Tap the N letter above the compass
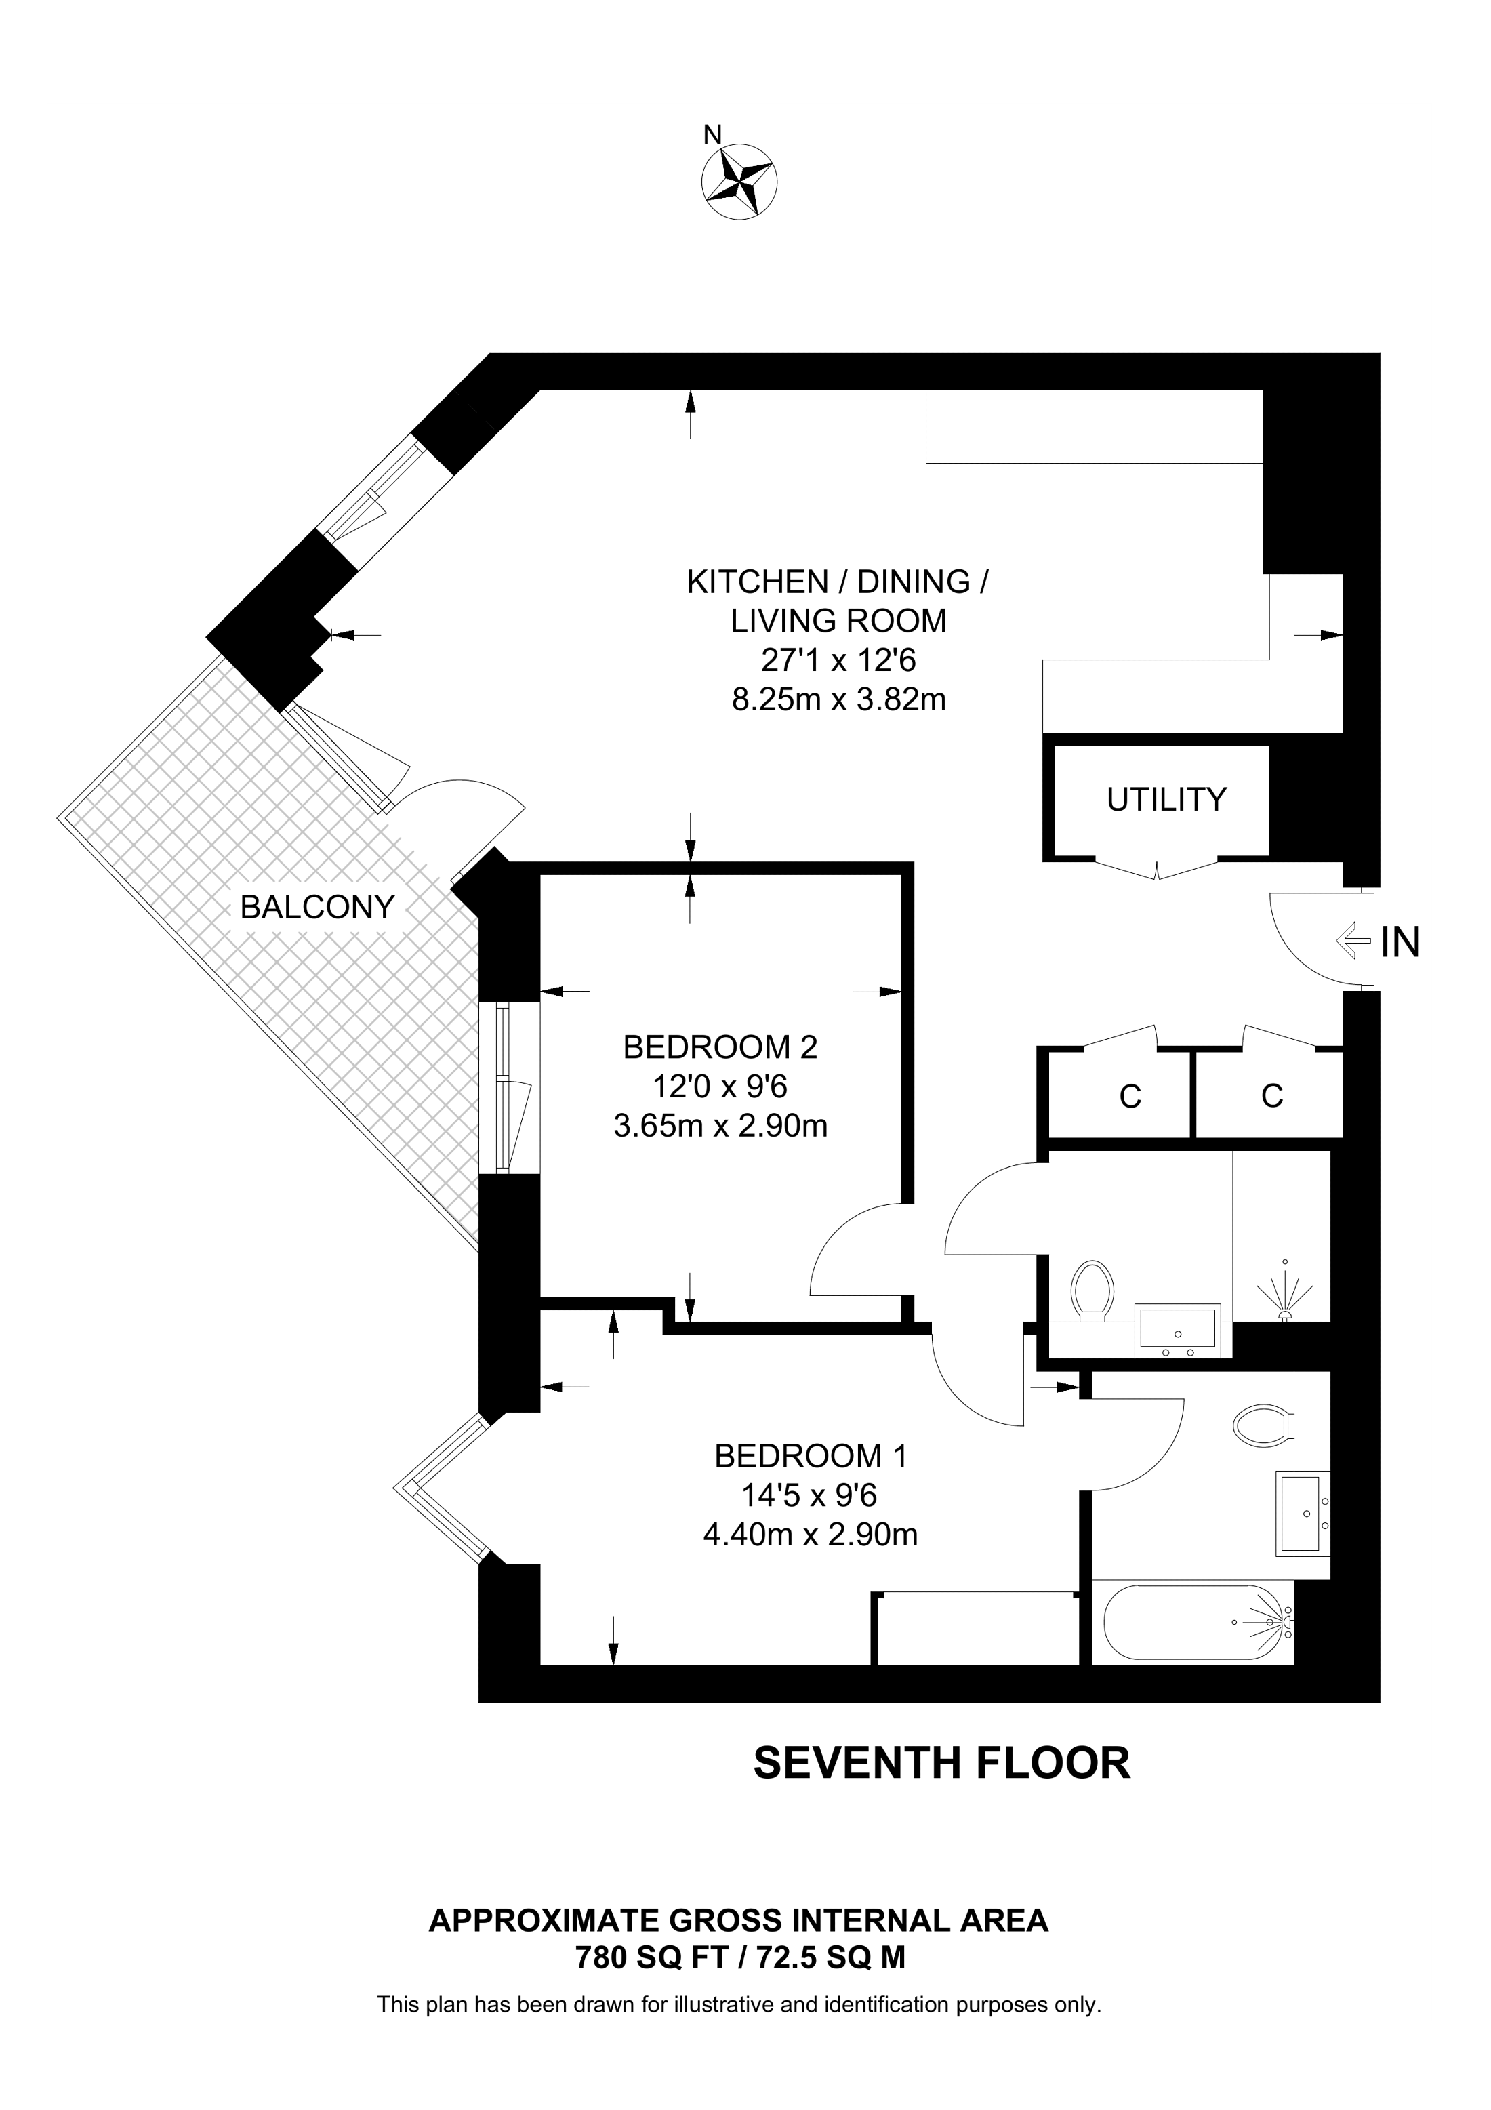(x=712, y=135)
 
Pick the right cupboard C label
(x=1271, y=1095)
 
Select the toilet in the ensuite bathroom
(x=1263, y=1425)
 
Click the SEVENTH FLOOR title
(x=941, y=1764)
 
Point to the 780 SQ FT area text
(x=652, y=1958)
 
